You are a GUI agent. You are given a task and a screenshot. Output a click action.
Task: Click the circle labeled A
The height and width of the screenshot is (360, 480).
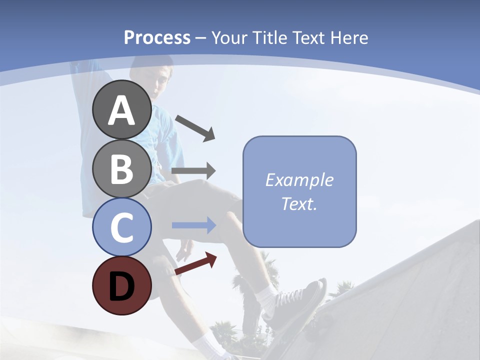click(x=122, y=109)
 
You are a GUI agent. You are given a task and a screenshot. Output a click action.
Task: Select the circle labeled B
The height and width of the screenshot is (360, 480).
click(x=122, y=168)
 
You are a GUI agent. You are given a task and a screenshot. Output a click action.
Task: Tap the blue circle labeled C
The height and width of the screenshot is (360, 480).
click(x=122, y=227)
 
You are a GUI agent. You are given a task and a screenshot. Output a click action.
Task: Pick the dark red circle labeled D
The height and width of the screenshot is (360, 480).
click(x=122, y=285)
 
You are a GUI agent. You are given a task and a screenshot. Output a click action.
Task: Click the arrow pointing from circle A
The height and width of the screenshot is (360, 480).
click(x=195, y=127)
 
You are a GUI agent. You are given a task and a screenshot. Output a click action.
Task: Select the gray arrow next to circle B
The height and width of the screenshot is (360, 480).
click(x=193, y=171)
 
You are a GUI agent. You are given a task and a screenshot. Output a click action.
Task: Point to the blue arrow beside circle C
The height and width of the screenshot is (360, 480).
click(x=193, y=225)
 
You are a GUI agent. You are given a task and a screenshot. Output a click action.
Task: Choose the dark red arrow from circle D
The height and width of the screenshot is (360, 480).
click(x=195, y=263)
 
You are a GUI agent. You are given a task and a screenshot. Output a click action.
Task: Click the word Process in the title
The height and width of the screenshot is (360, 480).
click(x=157, y=37)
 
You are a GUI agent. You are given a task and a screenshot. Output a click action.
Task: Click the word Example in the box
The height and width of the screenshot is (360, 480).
click(x=299, y=180)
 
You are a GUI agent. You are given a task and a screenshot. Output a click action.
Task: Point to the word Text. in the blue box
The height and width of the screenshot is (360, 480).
click(x=299, y=203)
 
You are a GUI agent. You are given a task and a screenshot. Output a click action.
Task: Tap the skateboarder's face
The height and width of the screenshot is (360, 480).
click(x=162, y=82)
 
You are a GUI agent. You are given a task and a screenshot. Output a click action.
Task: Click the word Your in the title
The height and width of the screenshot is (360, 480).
click(x=229, y=37)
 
